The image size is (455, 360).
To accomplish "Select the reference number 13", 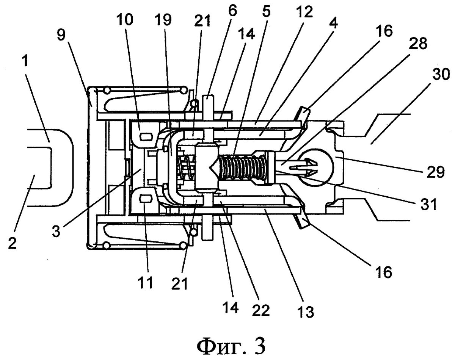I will (x=306, y=312).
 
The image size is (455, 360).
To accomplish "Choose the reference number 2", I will (x=14, y=243).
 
